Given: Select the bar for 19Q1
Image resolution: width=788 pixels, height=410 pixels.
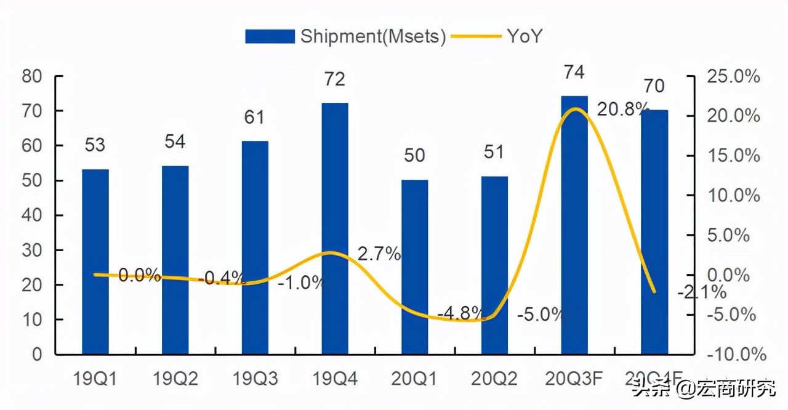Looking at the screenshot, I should tap(95, 262).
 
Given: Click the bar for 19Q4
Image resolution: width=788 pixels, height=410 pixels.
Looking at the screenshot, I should tap(335, 228).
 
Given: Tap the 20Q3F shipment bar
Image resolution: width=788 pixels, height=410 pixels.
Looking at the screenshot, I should tap(574, 225).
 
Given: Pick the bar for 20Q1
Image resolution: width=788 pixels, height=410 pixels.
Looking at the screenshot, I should tap(414, 267).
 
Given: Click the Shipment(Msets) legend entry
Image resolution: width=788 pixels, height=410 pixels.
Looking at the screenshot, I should tap(345, 36).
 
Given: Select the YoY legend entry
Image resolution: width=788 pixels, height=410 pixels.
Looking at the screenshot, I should tap(498, 36).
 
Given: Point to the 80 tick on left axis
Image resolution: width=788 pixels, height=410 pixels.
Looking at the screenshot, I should tap(32, 76).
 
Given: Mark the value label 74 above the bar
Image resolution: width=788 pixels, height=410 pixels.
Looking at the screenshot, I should tap(574, 72).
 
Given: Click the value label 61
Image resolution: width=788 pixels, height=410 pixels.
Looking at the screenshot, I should tap(255, 116).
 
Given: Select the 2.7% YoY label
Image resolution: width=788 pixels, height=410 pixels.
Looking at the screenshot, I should tap(379, 254).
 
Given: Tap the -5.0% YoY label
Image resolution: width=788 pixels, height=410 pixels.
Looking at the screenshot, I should tap(540, 315).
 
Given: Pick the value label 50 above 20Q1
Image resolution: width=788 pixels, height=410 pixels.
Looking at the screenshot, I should tap(414, 155).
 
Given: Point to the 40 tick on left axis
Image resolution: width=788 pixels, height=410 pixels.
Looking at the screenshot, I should tap(32, 215).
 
